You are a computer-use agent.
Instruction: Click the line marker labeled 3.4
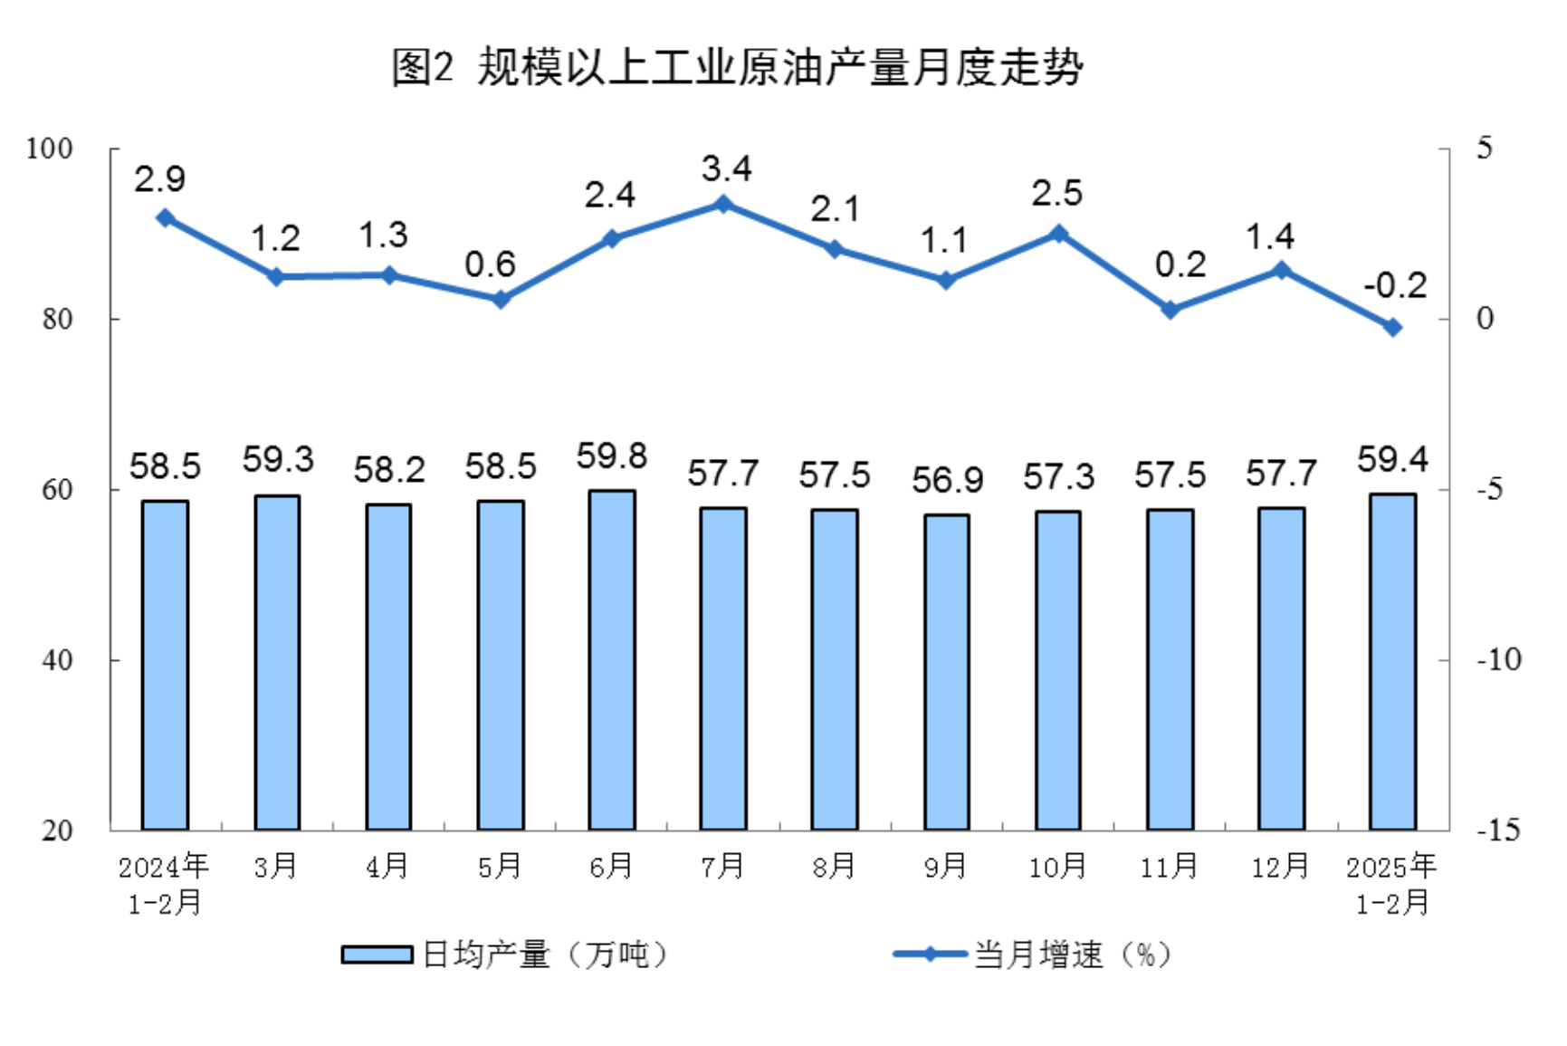click(723, 204)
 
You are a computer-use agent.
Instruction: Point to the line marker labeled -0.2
click(1393, 327)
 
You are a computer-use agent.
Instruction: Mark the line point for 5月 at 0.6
click(500, 299)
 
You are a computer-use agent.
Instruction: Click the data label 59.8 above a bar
click(612, 456)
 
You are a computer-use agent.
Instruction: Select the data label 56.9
click(947, 480)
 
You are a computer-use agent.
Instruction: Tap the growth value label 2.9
click(160, 179)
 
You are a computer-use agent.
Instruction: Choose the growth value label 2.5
click(1057, 194)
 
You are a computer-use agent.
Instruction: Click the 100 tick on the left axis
click(49, 149)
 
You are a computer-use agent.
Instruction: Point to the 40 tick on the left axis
click(56, 660)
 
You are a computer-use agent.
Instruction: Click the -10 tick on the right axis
click(1498, 660)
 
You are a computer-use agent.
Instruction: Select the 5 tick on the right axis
click(1485, 149)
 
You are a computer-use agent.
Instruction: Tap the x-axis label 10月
click(1057, 867)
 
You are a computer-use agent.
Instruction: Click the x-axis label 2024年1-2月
click(164, 884)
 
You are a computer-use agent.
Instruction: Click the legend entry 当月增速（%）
click(1032, 955)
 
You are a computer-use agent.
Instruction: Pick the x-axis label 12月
click(1280, 867)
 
